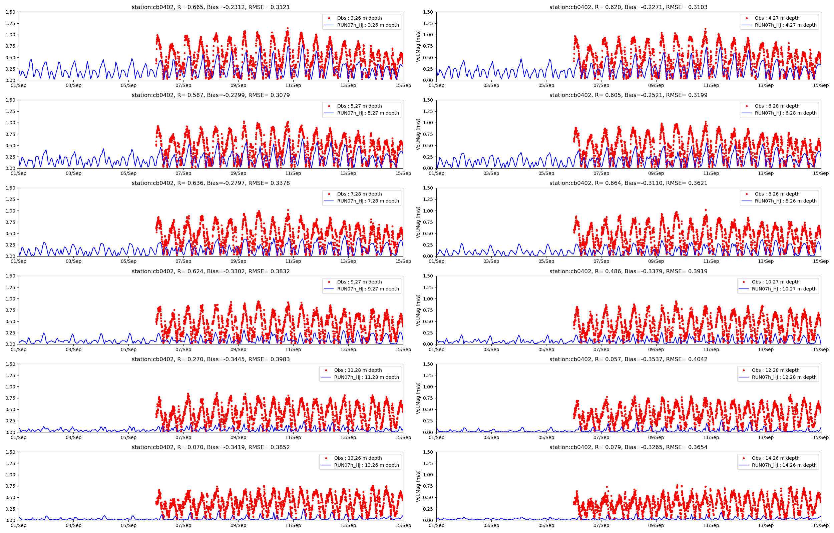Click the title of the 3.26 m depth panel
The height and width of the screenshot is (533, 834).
211,7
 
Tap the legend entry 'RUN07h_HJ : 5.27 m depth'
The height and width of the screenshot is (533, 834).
368,113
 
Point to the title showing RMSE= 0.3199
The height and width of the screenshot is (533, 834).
628,95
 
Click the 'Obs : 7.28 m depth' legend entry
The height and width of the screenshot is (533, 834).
359,194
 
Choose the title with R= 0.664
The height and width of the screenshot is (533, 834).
628,183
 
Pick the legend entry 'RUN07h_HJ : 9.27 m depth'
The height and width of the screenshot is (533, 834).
368,288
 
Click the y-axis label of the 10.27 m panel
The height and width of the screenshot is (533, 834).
418,310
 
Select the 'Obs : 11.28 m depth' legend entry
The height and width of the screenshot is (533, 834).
358,370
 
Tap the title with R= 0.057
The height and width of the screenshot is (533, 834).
628,359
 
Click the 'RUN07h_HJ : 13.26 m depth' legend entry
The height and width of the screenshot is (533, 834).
366,465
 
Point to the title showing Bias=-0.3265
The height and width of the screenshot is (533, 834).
628,447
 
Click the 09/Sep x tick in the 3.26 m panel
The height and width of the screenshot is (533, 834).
238,86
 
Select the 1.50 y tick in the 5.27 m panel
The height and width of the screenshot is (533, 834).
10,100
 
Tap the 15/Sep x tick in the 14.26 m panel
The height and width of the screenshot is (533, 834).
820,525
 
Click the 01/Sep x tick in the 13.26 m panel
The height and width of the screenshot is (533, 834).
19,525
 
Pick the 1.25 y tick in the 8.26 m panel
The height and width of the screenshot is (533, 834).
428,199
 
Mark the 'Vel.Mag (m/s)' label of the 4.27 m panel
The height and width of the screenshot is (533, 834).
418,46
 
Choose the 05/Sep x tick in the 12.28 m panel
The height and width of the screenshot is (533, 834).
546,437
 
